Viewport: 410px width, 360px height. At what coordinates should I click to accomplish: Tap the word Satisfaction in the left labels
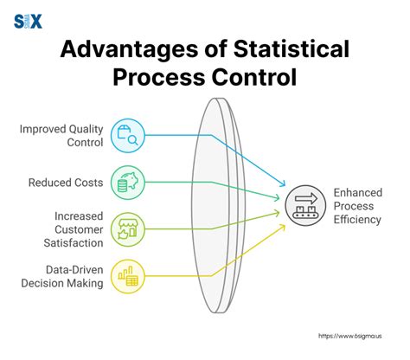pos(75,243)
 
